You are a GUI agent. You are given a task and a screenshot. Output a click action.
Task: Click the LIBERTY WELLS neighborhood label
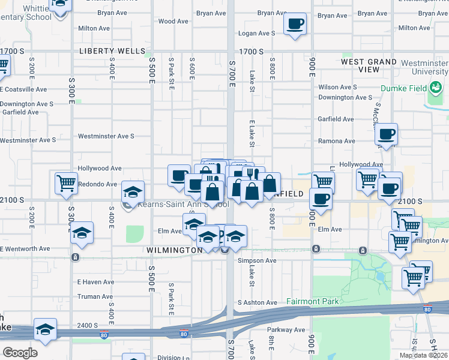pos(108,52)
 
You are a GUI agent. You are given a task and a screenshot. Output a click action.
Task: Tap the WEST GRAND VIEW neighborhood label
pos(369,65)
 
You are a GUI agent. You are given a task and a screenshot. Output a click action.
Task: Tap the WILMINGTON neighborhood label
pos(173,250)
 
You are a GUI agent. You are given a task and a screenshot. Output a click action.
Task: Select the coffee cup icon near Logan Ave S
pos(295,25)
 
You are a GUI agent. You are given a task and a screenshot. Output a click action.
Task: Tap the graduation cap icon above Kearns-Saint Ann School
pos(133,191)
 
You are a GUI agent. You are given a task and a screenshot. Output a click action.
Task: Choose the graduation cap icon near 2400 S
pos(45,329)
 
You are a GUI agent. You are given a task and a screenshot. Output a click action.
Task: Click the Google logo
pos(19,352)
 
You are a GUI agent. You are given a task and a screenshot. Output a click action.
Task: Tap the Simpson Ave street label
pos(257,260)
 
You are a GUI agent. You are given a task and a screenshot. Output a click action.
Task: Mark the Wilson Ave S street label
pos(338,87)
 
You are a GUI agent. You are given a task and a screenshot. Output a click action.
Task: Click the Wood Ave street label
pos(174,21)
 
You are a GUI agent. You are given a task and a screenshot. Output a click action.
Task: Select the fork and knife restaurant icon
pos(253,173)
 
